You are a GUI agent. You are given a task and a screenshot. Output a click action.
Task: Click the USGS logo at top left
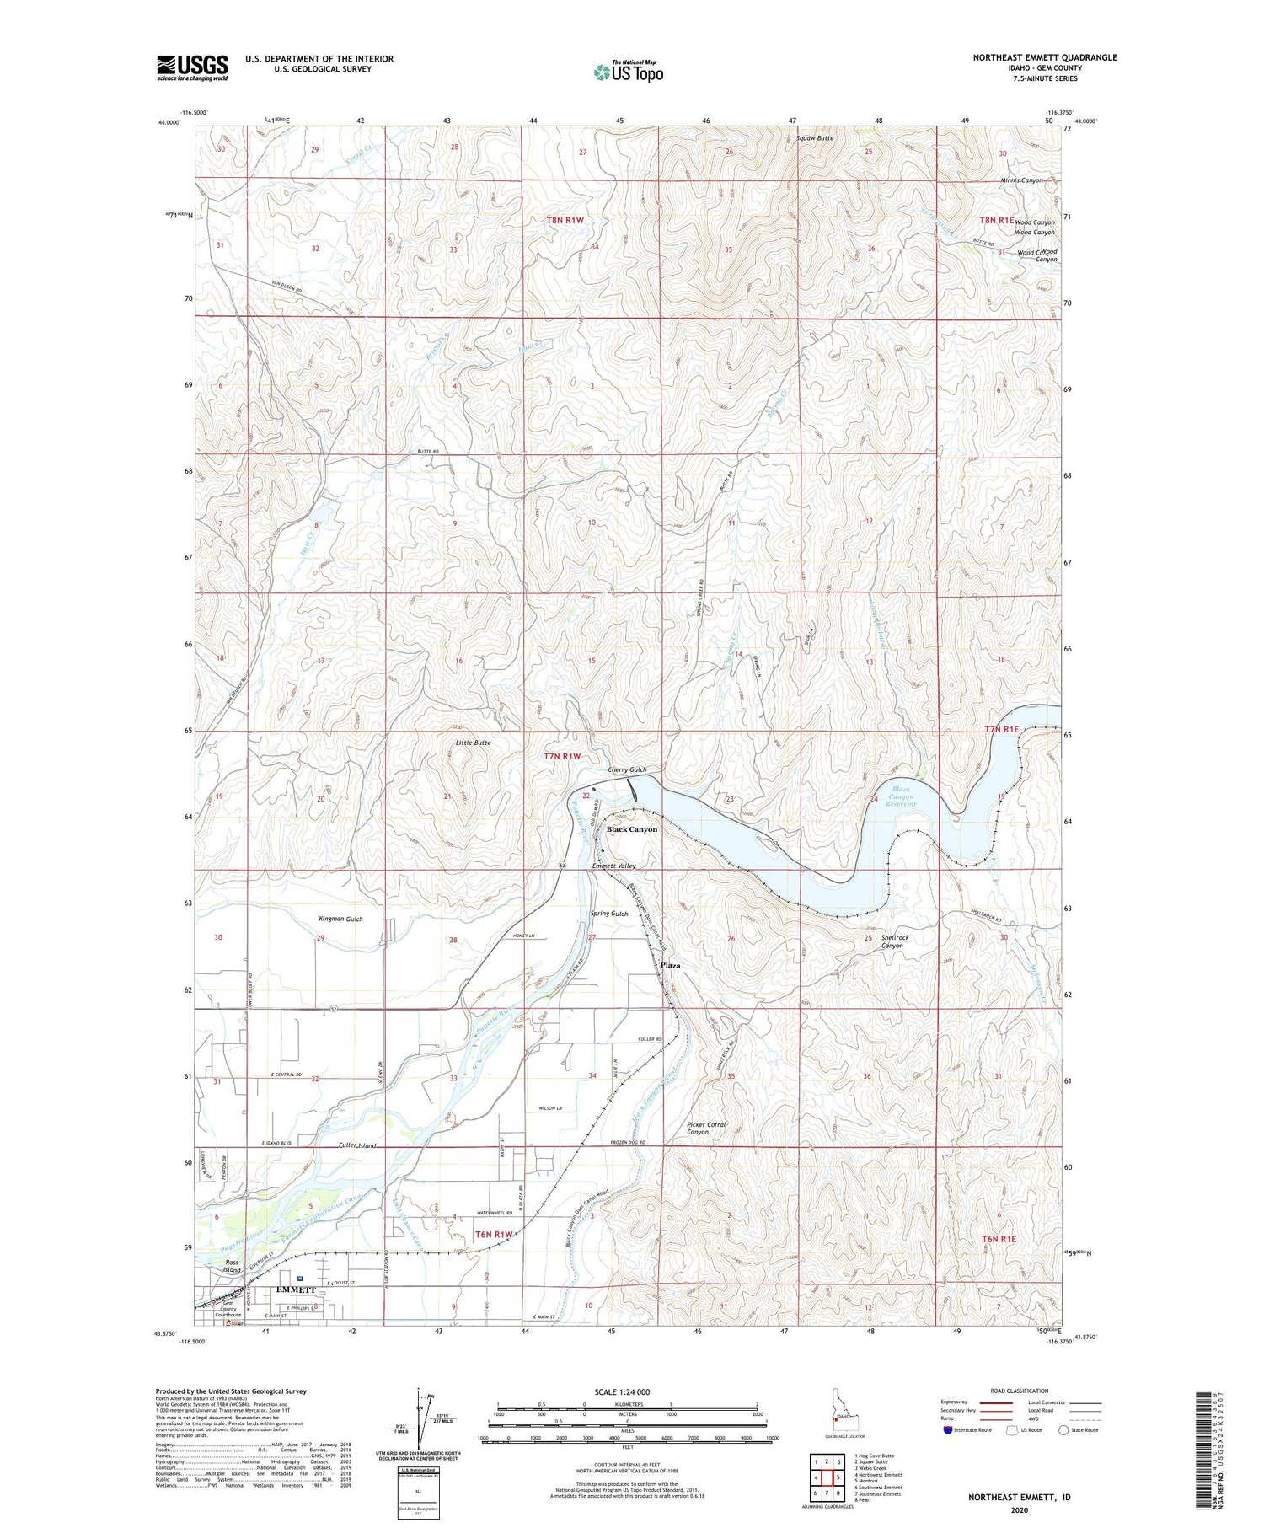192,67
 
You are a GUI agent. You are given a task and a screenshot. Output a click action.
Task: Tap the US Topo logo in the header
628,72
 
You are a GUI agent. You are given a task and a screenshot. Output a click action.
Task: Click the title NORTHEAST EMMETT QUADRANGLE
1044,57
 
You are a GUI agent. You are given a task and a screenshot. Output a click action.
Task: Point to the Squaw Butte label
815,137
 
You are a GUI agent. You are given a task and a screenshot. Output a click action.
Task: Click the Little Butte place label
473,743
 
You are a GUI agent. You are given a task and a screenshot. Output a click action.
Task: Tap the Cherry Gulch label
627,769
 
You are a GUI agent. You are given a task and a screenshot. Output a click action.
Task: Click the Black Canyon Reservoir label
900,796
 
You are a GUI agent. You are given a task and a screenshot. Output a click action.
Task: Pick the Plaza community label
670,965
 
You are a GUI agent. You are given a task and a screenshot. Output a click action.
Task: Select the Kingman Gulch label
340,919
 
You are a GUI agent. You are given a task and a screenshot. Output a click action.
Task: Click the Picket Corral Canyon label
706,1128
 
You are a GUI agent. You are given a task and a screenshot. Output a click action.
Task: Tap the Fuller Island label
356,1145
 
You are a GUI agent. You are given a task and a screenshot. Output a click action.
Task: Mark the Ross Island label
232,1266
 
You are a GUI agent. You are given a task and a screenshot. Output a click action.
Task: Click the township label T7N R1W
563,756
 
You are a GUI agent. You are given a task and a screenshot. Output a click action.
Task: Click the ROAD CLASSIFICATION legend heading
1020,1391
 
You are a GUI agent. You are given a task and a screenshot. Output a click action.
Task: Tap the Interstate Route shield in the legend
947,1429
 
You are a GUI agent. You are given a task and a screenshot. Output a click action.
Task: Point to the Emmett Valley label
613,866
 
